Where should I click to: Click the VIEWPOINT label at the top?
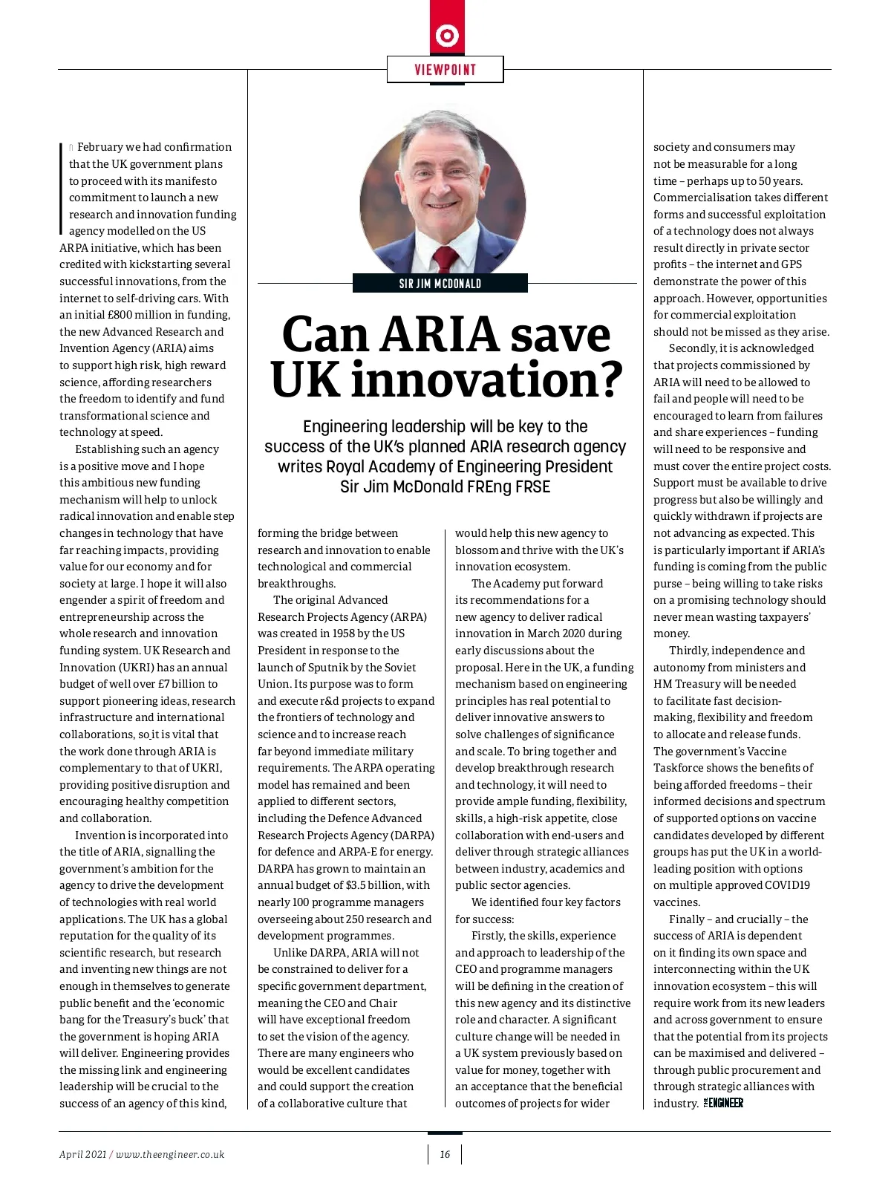click(x=445, y=70)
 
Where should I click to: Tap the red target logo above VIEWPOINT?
click(x=447, y=35)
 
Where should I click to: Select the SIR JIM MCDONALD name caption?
click(x=440, y=284)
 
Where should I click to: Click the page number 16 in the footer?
click(x=445, y=1154)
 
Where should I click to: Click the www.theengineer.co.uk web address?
click(x=170, y=1154)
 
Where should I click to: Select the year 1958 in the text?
click(x=342, y=633)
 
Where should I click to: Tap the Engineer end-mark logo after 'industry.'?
click(x=723, y=1104)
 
